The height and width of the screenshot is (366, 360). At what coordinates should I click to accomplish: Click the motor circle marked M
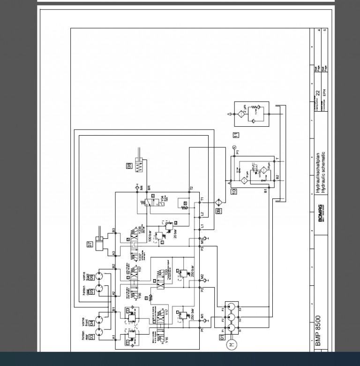[231, 345]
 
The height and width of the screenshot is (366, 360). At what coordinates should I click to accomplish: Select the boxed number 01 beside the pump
[222, 336]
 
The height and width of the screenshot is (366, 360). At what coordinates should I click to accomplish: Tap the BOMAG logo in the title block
[321, 213]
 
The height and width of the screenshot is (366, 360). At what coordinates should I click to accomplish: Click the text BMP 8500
[319, 330]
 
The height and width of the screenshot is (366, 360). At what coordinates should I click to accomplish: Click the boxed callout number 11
[236, 135]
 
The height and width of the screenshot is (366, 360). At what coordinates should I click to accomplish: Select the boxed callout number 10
[234, 191]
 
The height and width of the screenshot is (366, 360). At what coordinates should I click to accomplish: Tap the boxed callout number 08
[129, 165]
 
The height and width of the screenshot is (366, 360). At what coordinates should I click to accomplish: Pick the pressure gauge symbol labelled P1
[233, 147]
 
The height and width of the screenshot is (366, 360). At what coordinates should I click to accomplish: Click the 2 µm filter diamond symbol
[242, 114]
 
